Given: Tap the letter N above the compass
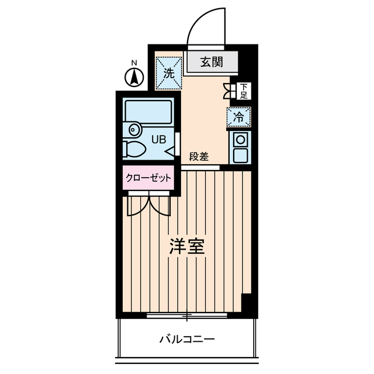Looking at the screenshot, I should tap(134, 63).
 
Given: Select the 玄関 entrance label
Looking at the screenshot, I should tap(212, 62).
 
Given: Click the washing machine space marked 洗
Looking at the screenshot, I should tap(169, 73).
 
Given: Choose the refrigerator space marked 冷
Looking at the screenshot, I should tap(239, 116).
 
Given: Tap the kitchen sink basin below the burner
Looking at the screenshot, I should tap(240, 155).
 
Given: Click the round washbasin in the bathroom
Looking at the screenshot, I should tap(134, 129).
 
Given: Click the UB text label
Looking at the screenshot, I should tap(159, 140).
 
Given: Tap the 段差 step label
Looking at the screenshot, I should tap(199, 157).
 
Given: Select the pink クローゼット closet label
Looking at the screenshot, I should tap(148, 178).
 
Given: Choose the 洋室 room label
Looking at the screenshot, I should tap(187, 247).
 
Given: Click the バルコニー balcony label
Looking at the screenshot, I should tap(187, 339).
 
